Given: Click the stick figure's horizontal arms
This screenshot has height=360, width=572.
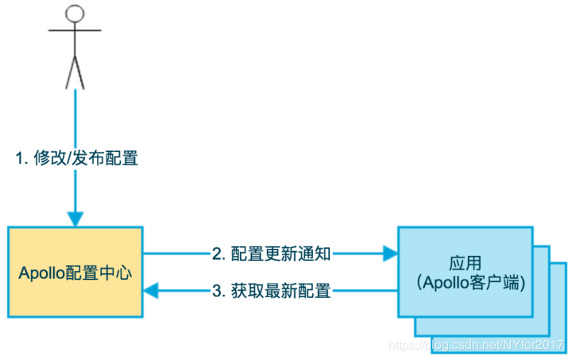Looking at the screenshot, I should (x=75, y=31).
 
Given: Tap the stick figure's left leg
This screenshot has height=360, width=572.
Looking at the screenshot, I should (x=69, y=72).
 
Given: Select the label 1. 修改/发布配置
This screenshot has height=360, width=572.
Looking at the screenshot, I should (x=77, y=158).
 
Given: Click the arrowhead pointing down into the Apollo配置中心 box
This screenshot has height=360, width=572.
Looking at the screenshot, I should (x=75, y=218).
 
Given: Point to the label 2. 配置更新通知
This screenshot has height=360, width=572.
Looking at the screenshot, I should (x=271, y=254).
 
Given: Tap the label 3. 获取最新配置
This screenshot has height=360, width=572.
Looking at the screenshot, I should (x=271, y=291).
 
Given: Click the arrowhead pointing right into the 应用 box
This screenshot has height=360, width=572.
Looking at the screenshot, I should (x=390, y=254).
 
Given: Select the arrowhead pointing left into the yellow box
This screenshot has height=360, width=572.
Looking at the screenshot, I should (x=152, y=291).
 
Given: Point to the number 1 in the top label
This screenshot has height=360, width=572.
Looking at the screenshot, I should (x=20, y=158).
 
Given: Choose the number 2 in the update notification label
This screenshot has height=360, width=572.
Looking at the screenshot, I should (x=216, y=254).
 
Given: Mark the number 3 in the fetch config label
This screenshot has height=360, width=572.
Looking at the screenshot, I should (x=216, y=291).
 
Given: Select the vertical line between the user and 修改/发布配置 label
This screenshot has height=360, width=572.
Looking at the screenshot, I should (x=75, y=115).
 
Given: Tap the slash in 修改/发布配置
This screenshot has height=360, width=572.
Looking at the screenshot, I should (x=69, y=158).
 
